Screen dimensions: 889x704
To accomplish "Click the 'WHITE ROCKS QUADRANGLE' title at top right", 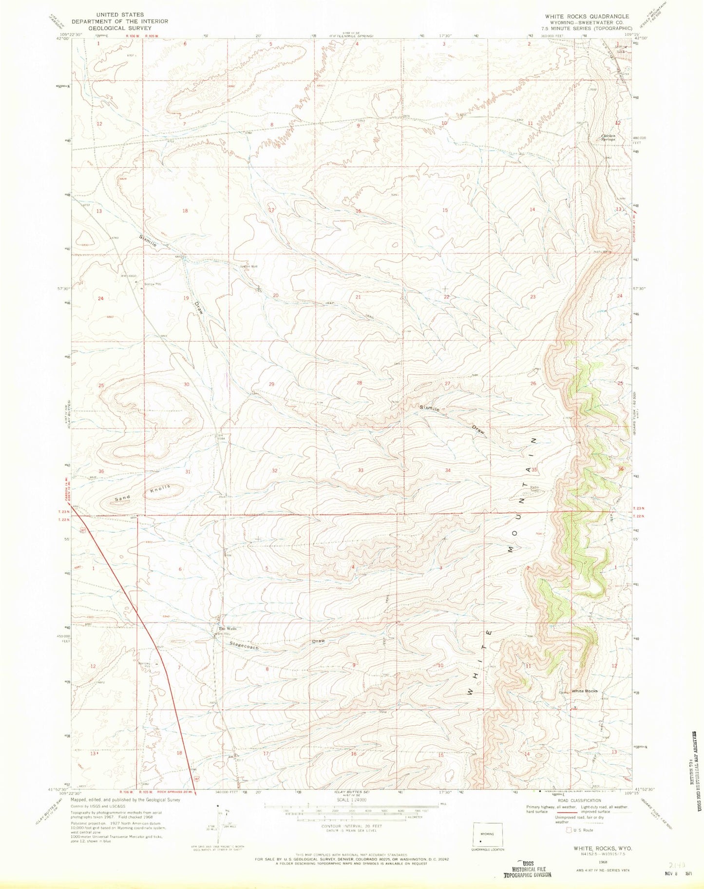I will click(x=587, y=16).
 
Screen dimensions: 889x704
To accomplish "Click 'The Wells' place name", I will click(x=227, y=629).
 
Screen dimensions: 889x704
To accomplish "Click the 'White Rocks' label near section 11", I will click(x=584, y=691).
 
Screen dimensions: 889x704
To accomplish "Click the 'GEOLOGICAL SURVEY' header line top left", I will click(x=120, y=28).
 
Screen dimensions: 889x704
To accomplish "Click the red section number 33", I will click(x=361, y=470).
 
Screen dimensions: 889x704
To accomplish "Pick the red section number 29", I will click(x=271, y=384).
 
